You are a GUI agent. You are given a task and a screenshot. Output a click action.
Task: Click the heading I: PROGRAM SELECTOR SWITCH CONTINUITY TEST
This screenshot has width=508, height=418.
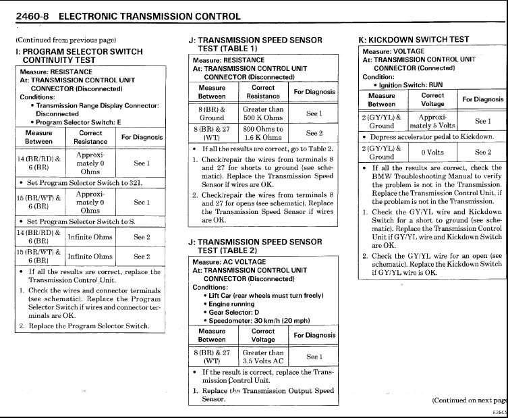tap(79, 55)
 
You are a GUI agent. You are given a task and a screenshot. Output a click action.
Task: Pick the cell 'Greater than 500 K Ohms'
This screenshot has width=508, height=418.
tap(263, 113)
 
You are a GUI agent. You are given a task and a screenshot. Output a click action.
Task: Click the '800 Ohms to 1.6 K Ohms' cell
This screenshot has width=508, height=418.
tap(263, 133)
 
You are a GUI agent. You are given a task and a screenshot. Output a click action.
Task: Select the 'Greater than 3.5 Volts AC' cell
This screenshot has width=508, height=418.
tap(263, 357)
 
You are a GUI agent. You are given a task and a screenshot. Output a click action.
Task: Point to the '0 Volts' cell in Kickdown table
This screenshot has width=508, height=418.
tap(432, 153)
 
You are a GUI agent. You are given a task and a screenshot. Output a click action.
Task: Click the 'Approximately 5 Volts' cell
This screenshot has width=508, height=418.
tap(432, 121)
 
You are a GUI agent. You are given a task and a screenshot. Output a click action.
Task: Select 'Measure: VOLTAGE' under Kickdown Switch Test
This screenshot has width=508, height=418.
tap(394, 51)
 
